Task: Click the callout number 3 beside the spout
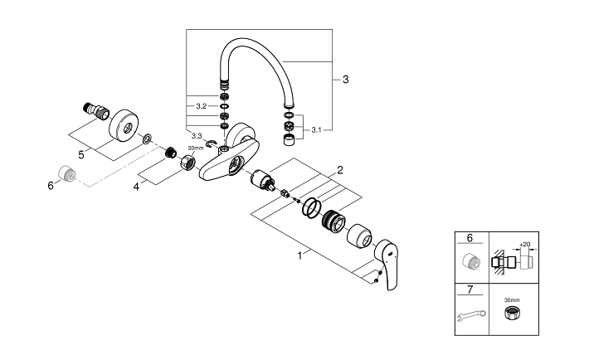346,80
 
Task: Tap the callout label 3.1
316,130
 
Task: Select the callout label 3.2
202,106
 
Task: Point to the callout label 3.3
197,136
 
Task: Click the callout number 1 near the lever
299,256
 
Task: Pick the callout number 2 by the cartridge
340,170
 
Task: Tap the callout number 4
136,187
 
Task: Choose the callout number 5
81,154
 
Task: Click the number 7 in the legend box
470,289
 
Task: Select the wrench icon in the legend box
471,315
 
